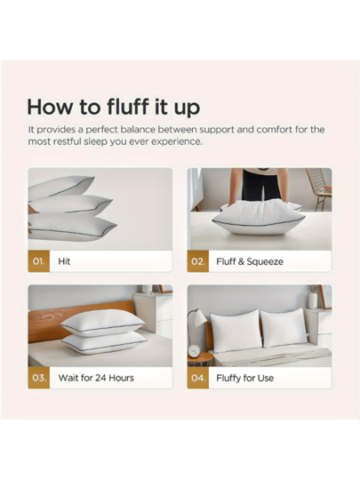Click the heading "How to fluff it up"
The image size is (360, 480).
coord(114,108)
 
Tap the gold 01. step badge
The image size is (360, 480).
coord(39,261)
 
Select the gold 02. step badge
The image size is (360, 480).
coord(198,261)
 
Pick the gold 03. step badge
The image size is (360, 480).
coord(39,378)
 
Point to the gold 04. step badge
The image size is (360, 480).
coord(198,378)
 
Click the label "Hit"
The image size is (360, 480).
coord(64,261)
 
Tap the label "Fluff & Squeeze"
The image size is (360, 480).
coord(250,261)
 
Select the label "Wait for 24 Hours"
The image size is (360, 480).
coord(96,378)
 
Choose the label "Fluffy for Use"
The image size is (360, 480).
coord(245,378)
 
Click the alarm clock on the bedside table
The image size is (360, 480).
coord(194,351)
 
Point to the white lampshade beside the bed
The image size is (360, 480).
coord(199,318)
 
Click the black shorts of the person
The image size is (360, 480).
coord(260,184)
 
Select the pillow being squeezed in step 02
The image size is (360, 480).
coord(259,217)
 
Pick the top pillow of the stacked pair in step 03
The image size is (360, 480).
coord(102,323)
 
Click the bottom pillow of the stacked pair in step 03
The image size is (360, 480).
coord(104,343)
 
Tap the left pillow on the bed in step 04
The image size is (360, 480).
coord(235,332)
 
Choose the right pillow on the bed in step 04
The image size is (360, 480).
coord(284,329)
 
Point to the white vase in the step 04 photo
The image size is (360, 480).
coord(313,300)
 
